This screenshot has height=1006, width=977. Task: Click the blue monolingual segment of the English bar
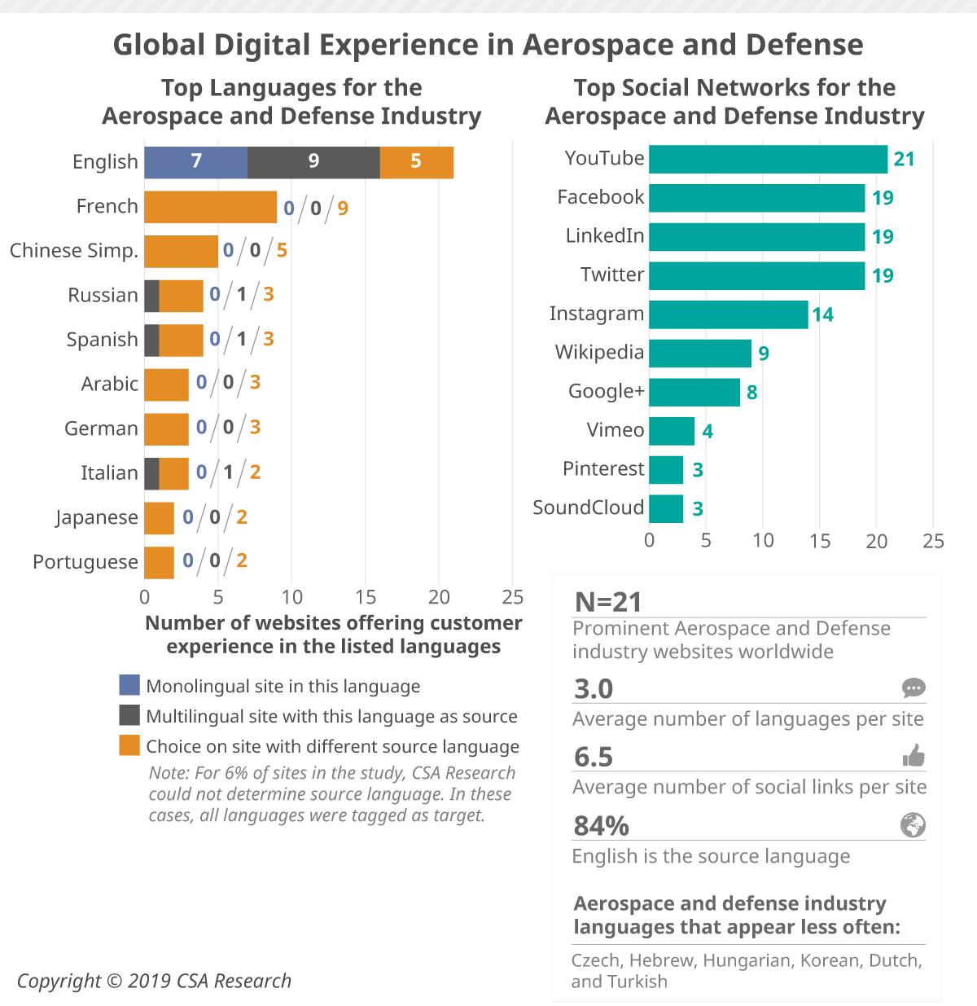[195, 162]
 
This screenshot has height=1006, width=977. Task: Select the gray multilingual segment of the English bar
[313, 162]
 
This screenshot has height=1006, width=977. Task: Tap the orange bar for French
[211, 207]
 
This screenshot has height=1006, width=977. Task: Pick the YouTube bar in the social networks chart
[768, 159]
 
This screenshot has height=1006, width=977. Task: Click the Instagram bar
[728, 314]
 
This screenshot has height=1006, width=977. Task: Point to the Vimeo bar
[672, 431]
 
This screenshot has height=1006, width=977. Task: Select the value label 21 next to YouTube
[904, 159]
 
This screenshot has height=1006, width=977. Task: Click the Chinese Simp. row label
[73, 251]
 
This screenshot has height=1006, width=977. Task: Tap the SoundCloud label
[588, 507]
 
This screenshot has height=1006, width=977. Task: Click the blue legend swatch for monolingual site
[129, 685]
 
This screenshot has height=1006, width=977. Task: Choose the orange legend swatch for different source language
[129, 745]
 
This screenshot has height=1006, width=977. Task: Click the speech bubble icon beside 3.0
[913, 688]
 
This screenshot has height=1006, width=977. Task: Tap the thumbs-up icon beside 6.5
[913, 757]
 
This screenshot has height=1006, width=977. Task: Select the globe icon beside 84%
[913, 825]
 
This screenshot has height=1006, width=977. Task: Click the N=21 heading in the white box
[608, 602]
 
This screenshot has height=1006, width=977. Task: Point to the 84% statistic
[601, 826]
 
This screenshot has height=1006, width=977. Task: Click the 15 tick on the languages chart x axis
[366, 597]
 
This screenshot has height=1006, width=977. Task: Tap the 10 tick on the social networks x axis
[763, 541]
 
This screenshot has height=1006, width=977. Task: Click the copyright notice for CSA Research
[154, 981]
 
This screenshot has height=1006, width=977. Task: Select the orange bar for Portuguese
[159, 562]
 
